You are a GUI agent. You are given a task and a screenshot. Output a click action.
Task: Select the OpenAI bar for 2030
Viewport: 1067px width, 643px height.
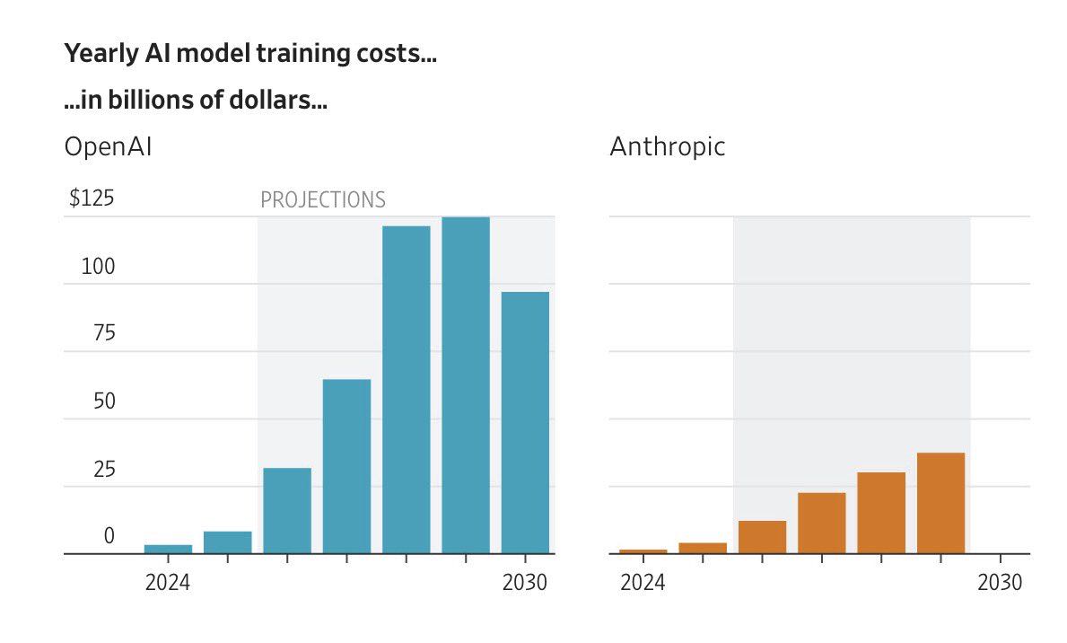click(x=525, y=422)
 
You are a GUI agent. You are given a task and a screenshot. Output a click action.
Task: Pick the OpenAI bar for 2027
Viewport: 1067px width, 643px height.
click(x=346, y=466)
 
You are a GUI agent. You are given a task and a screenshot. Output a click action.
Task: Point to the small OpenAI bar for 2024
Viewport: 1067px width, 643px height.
click(x=168, y=549)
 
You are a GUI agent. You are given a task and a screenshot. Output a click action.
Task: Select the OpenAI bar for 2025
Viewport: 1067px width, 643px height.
click(x=228, y=542)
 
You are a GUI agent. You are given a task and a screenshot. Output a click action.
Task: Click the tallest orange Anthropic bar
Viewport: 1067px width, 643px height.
click(x=940, y=503)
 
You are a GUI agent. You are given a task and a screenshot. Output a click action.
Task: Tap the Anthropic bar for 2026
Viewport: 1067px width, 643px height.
click(x=762, y=537)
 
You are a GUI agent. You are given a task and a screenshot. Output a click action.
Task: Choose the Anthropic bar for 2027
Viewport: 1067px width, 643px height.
click(x=821, y=523)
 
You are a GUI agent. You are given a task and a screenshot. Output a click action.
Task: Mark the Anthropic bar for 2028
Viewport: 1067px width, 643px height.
click(x=881, y=513)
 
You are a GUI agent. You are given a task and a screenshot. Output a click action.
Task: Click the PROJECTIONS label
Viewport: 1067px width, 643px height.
click(x=322, y=199)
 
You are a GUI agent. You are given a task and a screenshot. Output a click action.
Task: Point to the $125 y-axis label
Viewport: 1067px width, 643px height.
click(x=92, y=198)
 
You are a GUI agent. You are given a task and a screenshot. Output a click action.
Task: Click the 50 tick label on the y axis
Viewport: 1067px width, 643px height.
click(x=104, y=401)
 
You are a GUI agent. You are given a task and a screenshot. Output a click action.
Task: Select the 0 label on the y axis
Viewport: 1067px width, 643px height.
click(x=109, y=536)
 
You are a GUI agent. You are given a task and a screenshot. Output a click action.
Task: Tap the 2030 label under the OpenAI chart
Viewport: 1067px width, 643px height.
click(x=524, y=583)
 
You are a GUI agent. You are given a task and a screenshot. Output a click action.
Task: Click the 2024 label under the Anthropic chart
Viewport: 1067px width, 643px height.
click(x=643, y=583)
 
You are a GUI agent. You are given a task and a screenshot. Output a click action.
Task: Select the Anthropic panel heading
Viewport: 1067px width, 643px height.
click(x=667, y=146)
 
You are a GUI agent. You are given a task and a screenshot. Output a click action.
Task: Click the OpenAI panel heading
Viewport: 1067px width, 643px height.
click(x=108, y=146)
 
